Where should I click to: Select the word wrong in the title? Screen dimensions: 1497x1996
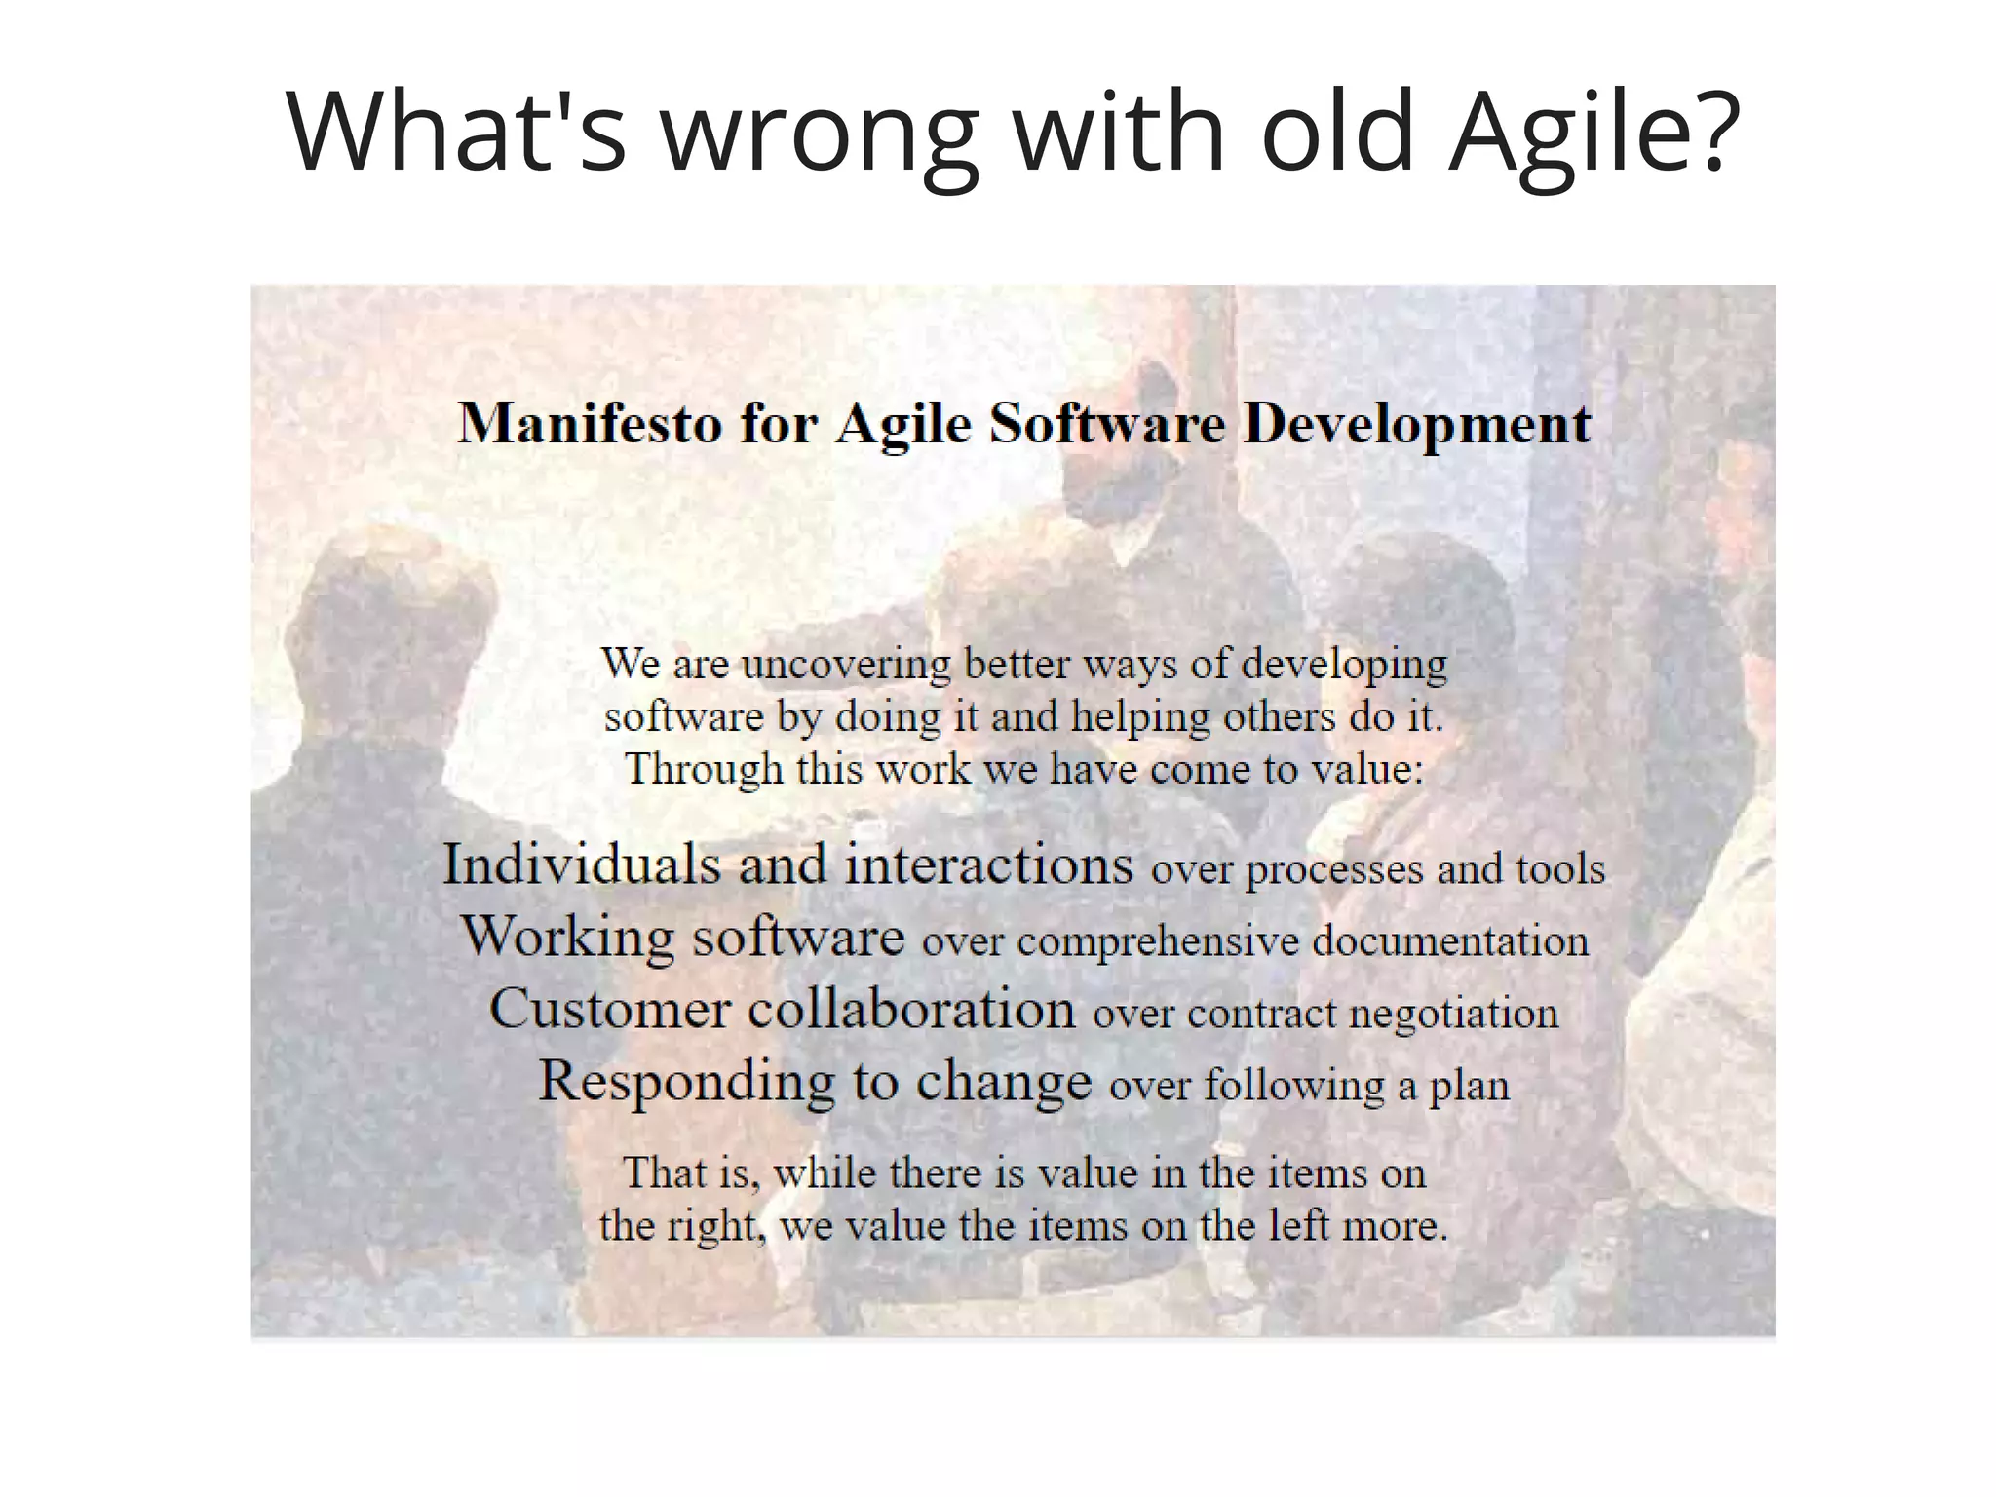[820, 132]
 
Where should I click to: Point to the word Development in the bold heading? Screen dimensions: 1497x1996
[1417, 424]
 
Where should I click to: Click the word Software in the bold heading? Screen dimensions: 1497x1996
[1107, 424]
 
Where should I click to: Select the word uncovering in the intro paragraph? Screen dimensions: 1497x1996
[846, 665]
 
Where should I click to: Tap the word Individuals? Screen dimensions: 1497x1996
[581, 864]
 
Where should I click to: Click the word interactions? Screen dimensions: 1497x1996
[988, 864]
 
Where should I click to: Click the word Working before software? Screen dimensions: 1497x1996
[566, 937]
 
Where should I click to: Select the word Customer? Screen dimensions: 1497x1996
[609, 1009]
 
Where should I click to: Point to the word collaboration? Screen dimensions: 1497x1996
[911, 1009]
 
